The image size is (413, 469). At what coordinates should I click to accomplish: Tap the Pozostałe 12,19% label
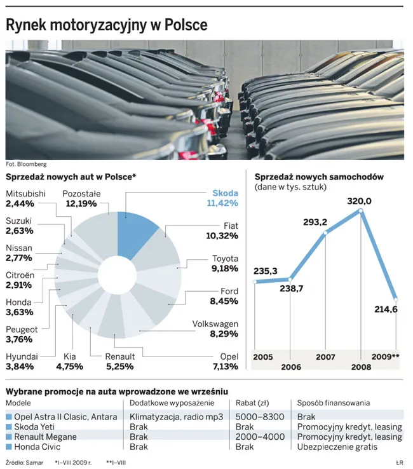pyautogui.click(x=81, y=199)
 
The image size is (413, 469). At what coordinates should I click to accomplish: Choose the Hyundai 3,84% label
pyautogui.click(x=22, y=362)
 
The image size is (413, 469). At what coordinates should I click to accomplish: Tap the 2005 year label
pyautogui.click(x=263, y=357)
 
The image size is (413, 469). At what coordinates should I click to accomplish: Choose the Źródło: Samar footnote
pyautogui.click(x=24, y=462)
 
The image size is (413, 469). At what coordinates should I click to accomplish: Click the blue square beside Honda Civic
pyautogui.click(x=9, y=447)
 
